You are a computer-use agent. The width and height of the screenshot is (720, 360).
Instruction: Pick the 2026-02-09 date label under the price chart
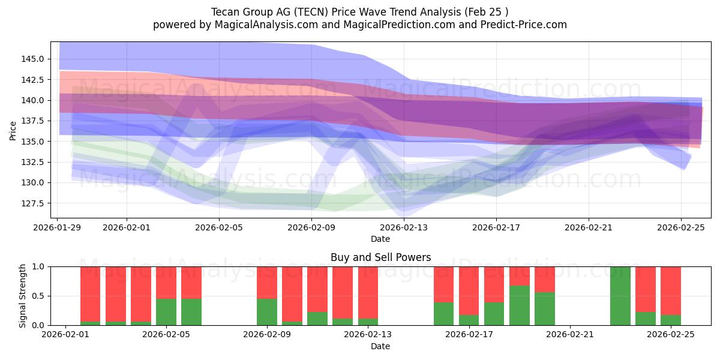311,228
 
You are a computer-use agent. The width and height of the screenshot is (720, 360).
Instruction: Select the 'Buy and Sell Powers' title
380,257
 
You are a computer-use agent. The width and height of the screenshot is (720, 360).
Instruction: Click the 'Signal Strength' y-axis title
23,296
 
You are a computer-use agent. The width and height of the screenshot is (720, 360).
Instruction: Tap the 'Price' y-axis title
13,130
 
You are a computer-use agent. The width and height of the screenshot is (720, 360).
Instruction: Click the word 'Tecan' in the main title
225,12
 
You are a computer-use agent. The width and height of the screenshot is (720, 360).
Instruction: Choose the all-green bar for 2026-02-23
620,296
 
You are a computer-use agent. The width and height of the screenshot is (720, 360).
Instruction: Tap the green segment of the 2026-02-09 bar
267,311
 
